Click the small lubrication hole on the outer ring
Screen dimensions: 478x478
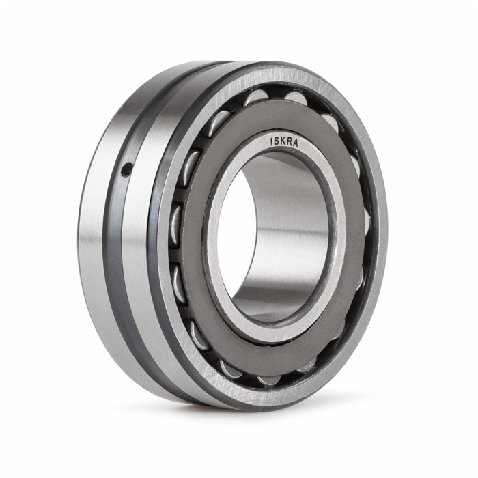126,169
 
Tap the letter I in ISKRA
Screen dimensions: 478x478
272,141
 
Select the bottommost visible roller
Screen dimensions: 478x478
268,382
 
